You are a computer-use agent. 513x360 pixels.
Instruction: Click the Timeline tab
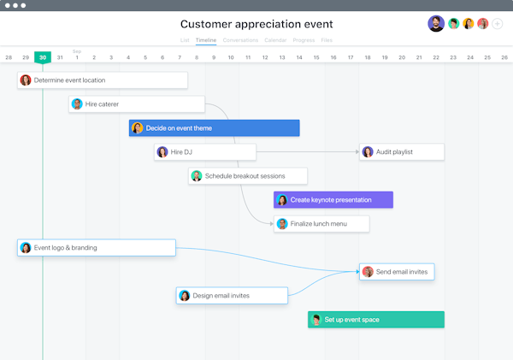[205, 40]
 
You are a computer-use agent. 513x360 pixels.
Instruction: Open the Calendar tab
[275, 40]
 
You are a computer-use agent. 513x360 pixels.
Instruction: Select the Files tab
[327, 40]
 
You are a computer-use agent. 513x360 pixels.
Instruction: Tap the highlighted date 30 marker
[43, 57]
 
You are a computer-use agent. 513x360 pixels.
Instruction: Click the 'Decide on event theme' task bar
[215, 128]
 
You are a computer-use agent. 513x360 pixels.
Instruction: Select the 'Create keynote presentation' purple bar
[333, 200]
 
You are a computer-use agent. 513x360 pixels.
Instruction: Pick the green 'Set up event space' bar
[376, 320]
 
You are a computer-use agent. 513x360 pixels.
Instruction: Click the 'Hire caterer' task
[137, 104]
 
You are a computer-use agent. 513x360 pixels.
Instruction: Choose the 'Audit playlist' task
[402, 152]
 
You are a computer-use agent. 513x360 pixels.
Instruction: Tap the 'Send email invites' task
[397, 272]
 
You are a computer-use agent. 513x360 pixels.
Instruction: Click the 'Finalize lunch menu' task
[321, 224]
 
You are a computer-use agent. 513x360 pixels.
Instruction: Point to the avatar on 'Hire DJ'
[162, 152]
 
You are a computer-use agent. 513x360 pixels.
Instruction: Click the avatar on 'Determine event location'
[26, 80]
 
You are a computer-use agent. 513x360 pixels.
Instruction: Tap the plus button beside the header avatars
[498, 24]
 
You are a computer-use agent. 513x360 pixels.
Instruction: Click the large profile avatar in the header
[436, 24]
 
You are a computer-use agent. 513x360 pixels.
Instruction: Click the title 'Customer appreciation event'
[256, 24]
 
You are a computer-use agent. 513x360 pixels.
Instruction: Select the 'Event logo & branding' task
[96, 248]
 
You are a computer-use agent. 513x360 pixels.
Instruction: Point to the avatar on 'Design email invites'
[184, 296]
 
